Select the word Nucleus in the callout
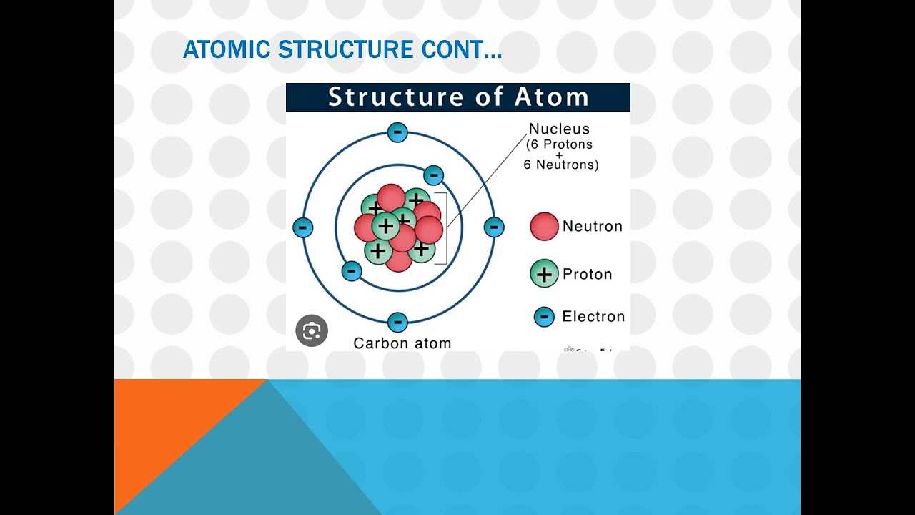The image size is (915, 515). coord(559,129)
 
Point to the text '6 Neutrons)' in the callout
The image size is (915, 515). coord(561,165)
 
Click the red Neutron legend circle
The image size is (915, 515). coord(544,226)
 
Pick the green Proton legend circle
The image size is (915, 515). coord(544,274)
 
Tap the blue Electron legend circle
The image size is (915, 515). coord(544,317)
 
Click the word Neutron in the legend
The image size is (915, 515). coord(592,227)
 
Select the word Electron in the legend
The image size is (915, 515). coord(593,317)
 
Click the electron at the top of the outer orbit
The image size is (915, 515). coord(397,132)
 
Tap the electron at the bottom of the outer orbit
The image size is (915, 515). coord(397,322)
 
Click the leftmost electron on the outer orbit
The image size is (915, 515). coord(303,228)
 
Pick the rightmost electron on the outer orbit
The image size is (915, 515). coord(494,227)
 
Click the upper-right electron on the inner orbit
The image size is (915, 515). coord(433,175)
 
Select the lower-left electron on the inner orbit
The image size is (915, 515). coord(351,271)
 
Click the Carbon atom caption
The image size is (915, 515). coord(402,343)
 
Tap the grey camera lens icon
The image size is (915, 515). coord(312,330)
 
